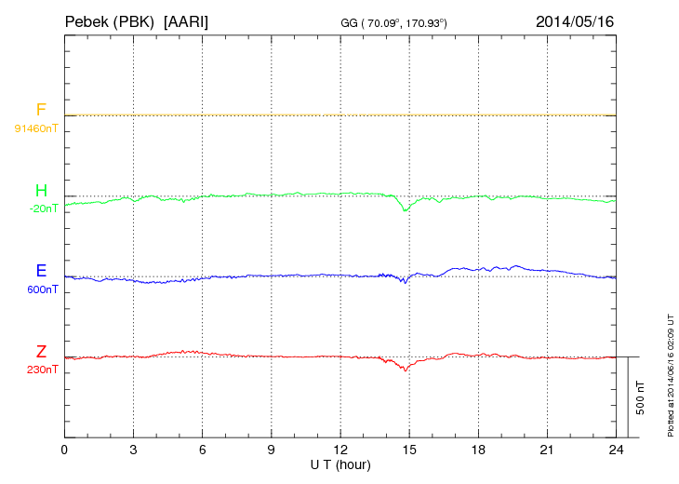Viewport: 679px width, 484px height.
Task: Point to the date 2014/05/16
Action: tap(575, 20)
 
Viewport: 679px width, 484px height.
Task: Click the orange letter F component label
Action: tap(41, 110)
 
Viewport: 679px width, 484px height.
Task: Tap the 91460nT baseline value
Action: tap(36, 128)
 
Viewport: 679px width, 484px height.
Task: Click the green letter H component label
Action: tap(41, 191)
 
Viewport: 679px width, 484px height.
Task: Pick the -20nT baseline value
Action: tap(43, 208)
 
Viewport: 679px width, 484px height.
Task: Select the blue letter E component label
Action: tap(41, 271)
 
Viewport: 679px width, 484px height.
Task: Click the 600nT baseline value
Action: tap(41, 289)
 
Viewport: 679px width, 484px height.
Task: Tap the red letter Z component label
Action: tap(41, 352)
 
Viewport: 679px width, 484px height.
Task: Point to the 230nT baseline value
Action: tap(41, 370)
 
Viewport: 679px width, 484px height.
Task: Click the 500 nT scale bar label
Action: tap(640, 397)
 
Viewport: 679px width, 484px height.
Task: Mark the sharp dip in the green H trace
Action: tap(405, 210)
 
